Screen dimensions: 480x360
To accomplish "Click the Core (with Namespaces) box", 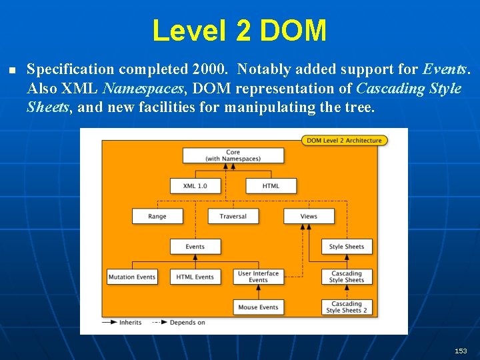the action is click(x=233, y=155).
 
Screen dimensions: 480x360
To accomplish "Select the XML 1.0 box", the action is click(x=195, y=185).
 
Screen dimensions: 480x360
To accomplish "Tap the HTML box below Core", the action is click(x=271, y=185).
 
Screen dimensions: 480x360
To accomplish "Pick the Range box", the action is click(x=157, y=216).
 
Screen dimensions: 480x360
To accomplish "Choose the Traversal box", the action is click(x=233, y=216).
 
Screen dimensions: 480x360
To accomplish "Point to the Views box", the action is click(x=309, y=216).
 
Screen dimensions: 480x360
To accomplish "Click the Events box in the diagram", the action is click(x=195, y=247).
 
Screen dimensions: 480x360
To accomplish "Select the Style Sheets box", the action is click(x=347, y=247).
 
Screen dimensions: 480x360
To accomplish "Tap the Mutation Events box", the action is click(x=132, y=277).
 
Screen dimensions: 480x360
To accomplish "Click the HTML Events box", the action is click(x=195, y=277).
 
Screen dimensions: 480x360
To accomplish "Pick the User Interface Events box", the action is click(x=258, y=277).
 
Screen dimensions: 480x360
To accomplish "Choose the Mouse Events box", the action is click(x=258, y=307).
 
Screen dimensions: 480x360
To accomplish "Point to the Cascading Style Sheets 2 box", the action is click(x=347, y=307).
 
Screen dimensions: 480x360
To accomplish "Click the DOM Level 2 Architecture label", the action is click(x=345, y=140).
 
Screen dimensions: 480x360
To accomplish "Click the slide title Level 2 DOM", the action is click(x=239, y=31).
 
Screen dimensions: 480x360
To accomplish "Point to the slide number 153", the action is click(x=461, y=351).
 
